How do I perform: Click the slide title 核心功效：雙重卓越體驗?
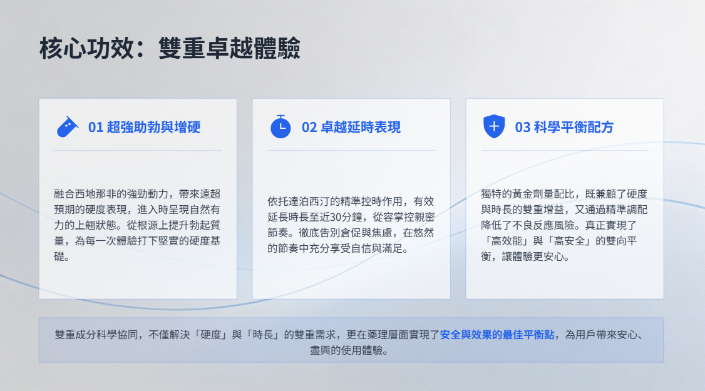[x=170, y=48]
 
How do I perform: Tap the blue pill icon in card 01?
[x=68, y=127]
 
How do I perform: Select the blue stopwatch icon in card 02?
[x=280, y=127]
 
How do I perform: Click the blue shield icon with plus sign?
[x=493, y=126]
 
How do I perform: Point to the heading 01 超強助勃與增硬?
[x=145, y=127]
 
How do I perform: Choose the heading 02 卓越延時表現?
[x=351, y=127]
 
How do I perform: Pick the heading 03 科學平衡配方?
[x=564, y=127]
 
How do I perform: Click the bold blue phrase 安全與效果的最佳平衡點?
[x=497, y=335]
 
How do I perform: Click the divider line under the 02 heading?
[x=352, y=150]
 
